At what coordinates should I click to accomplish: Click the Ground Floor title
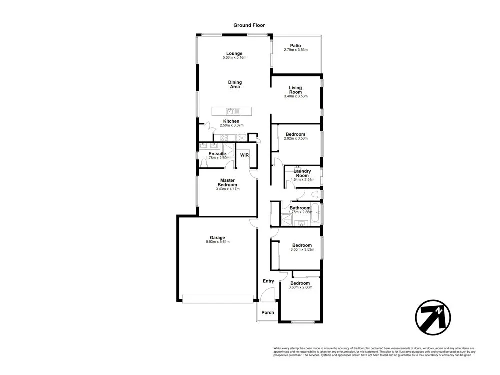point(249,25)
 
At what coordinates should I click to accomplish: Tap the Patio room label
point(295,45)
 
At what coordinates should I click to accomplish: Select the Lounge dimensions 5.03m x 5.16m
point(234,58)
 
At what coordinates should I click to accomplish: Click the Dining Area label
point(235,84)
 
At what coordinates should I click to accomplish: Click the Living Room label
point(295,90)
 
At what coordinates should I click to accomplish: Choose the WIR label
point(244,155)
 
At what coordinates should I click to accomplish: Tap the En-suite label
point(217,153)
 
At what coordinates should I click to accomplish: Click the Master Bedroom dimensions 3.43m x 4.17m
point(228,189)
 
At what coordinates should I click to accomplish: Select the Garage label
point(217,237)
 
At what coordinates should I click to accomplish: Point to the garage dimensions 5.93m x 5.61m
point(217,242)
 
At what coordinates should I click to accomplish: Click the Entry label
point(268,281)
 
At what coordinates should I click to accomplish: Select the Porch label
point(268,313)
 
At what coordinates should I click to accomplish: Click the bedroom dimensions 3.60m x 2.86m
point(300,287)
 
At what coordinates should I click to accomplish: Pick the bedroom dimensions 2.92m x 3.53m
point(295,138)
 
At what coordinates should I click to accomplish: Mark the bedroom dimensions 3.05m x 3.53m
point(302,249)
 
